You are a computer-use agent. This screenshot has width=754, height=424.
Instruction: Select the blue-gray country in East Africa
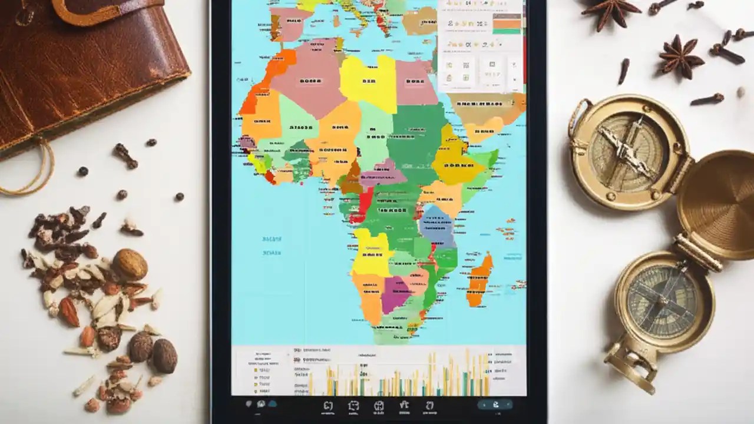coord(437,227)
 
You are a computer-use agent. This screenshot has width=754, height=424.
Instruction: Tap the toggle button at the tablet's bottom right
coord(495,405)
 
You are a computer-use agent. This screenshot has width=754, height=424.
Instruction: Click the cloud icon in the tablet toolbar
coord(272,404)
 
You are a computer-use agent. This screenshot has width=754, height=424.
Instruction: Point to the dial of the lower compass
coord(663,300)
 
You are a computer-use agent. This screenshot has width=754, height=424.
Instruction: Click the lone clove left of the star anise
coord(623,71)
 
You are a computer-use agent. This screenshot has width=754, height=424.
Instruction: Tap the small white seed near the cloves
coord(740,92)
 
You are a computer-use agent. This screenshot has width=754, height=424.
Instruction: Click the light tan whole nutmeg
coord(130,264)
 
